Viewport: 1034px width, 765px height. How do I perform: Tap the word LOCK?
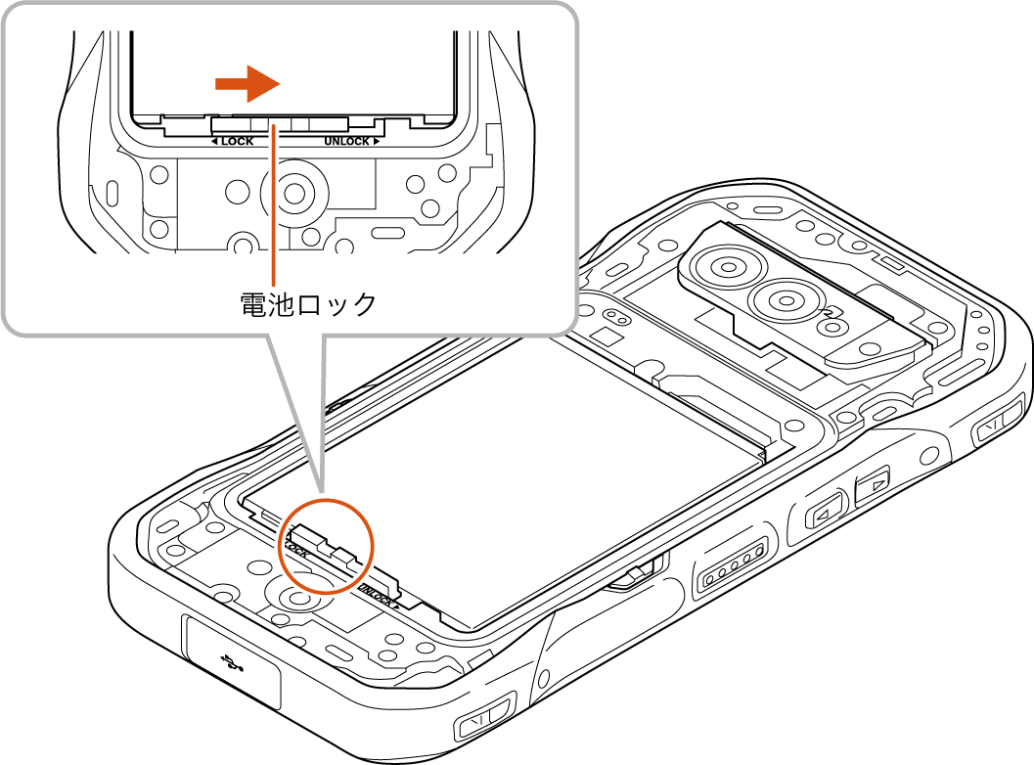click(237, 142)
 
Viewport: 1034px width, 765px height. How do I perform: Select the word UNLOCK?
click(347, 142)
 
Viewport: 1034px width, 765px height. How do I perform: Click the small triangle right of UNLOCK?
click(377, 142)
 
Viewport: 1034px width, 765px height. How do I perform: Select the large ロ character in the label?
click(310, 304)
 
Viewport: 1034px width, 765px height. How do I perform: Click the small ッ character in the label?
click(338, 306)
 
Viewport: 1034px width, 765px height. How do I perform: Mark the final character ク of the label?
click(363, 304)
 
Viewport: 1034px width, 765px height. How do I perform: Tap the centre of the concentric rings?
click(292, 191)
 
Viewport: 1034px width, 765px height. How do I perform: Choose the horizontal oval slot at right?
click(388, 232)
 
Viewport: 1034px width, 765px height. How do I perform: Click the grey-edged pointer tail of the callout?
click(297, 411)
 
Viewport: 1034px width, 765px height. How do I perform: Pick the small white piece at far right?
click(633, 575)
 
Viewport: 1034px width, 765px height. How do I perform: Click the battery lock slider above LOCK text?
click(279, 123)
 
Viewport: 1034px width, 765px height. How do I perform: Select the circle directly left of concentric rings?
click(238, 191)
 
